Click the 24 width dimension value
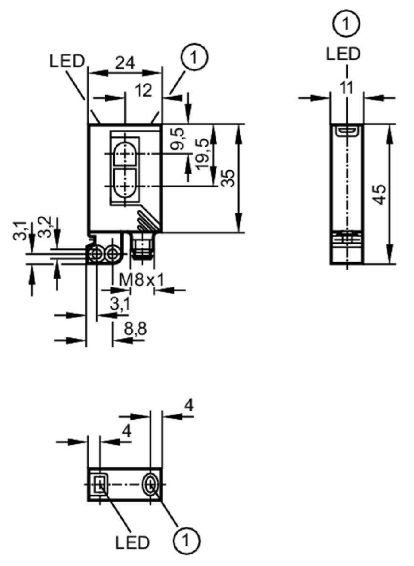[125, 63]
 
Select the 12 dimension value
[143, 91]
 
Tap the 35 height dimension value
[228, 178]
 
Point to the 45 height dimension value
[380, 195]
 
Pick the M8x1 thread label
[142, 280]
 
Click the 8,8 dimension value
[135, 329]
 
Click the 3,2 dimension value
[45, 227]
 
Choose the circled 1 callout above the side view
[346, 24]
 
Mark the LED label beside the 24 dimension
[67, 61]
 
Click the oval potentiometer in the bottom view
[151, 484]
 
